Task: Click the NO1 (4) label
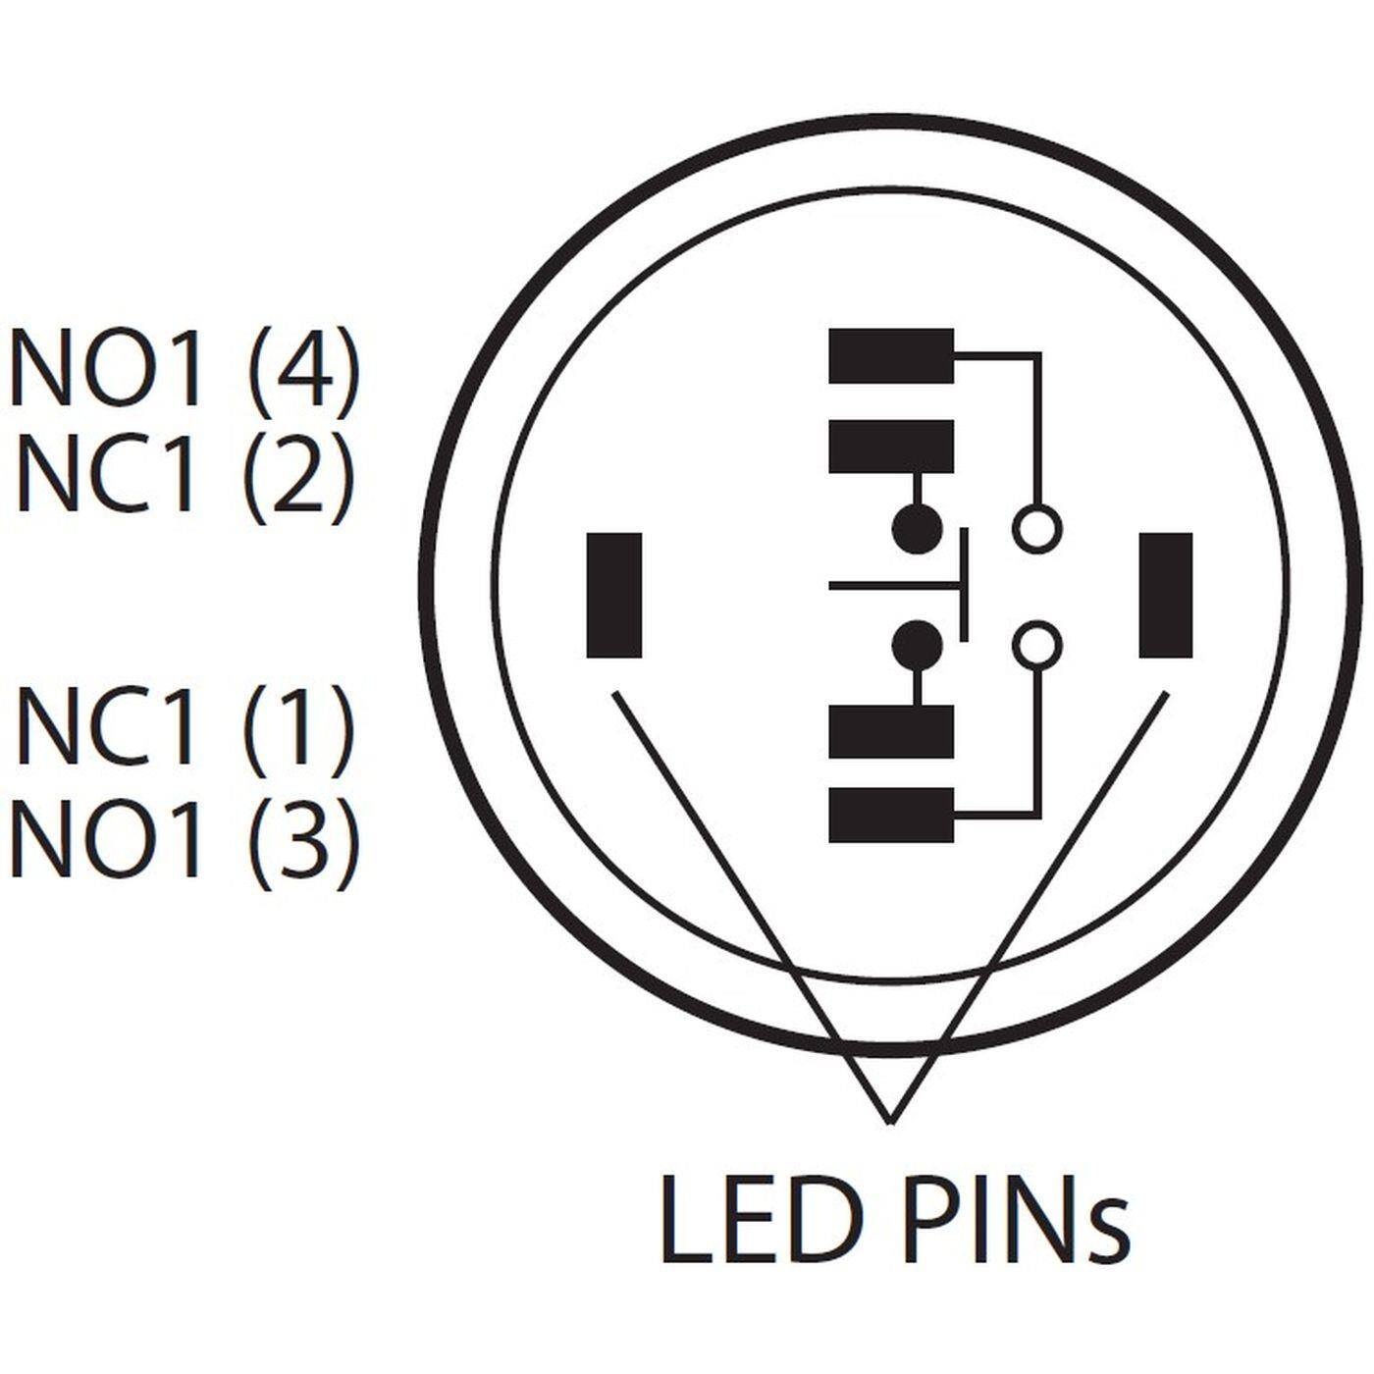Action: pyautogui.click(x=185, y=369)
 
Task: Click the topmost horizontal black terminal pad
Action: pyautogui.click(x=891, y=356)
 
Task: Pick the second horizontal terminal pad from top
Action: pyautogui.click(x=891, y=447)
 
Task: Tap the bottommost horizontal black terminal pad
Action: pyautogui.click(x=891, y=816)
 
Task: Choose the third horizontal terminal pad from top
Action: pyautogui.click(x=891, y=732)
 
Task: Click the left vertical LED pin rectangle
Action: pyautogui.click(x=614, y=595)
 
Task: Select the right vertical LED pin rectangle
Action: pyautogui.click(x=1166, y=595)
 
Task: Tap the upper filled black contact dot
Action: pyautogui.click(x=918, y=530)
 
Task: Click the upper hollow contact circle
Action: pyautogui.click(x=1036, y=529)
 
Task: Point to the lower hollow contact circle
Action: pyautogui.click(x=1036, y=645)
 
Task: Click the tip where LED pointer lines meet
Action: pyautogui.click(x=889, y=1120)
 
